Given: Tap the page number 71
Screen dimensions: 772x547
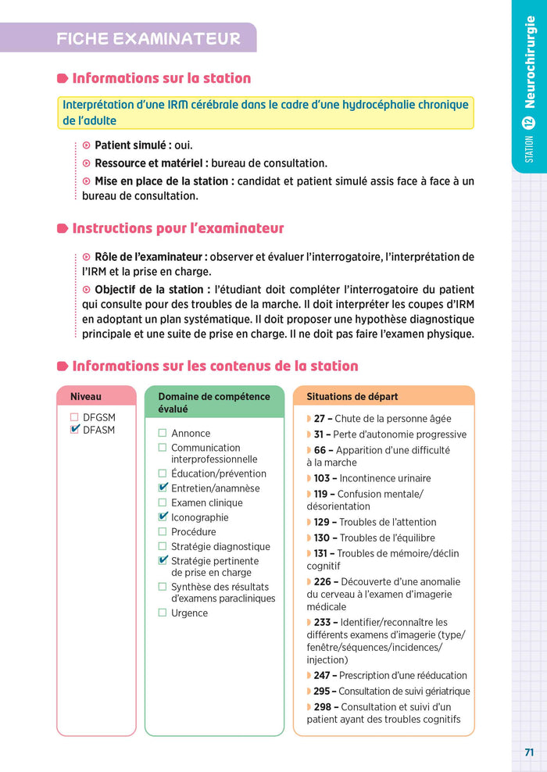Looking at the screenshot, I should (529, 752).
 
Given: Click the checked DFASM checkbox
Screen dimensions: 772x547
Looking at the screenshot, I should (75, 430).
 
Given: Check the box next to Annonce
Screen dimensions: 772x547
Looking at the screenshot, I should (163, 433).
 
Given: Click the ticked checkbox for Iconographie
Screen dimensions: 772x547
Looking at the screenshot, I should (163, 517).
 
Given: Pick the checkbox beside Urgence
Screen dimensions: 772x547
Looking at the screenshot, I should (163, 613).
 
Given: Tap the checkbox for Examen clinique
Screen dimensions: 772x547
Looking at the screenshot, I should (163, 502).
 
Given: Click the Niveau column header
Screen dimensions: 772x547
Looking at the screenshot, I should (86, 397).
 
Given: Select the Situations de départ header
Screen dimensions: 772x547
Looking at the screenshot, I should (352, 397).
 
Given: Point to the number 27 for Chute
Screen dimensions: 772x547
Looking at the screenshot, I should (319, 419).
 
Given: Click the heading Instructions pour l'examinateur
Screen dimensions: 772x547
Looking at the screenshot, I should (177, 228).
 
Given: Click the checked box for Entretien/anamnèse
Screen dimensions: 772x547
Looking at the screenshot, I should (163, 488).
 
